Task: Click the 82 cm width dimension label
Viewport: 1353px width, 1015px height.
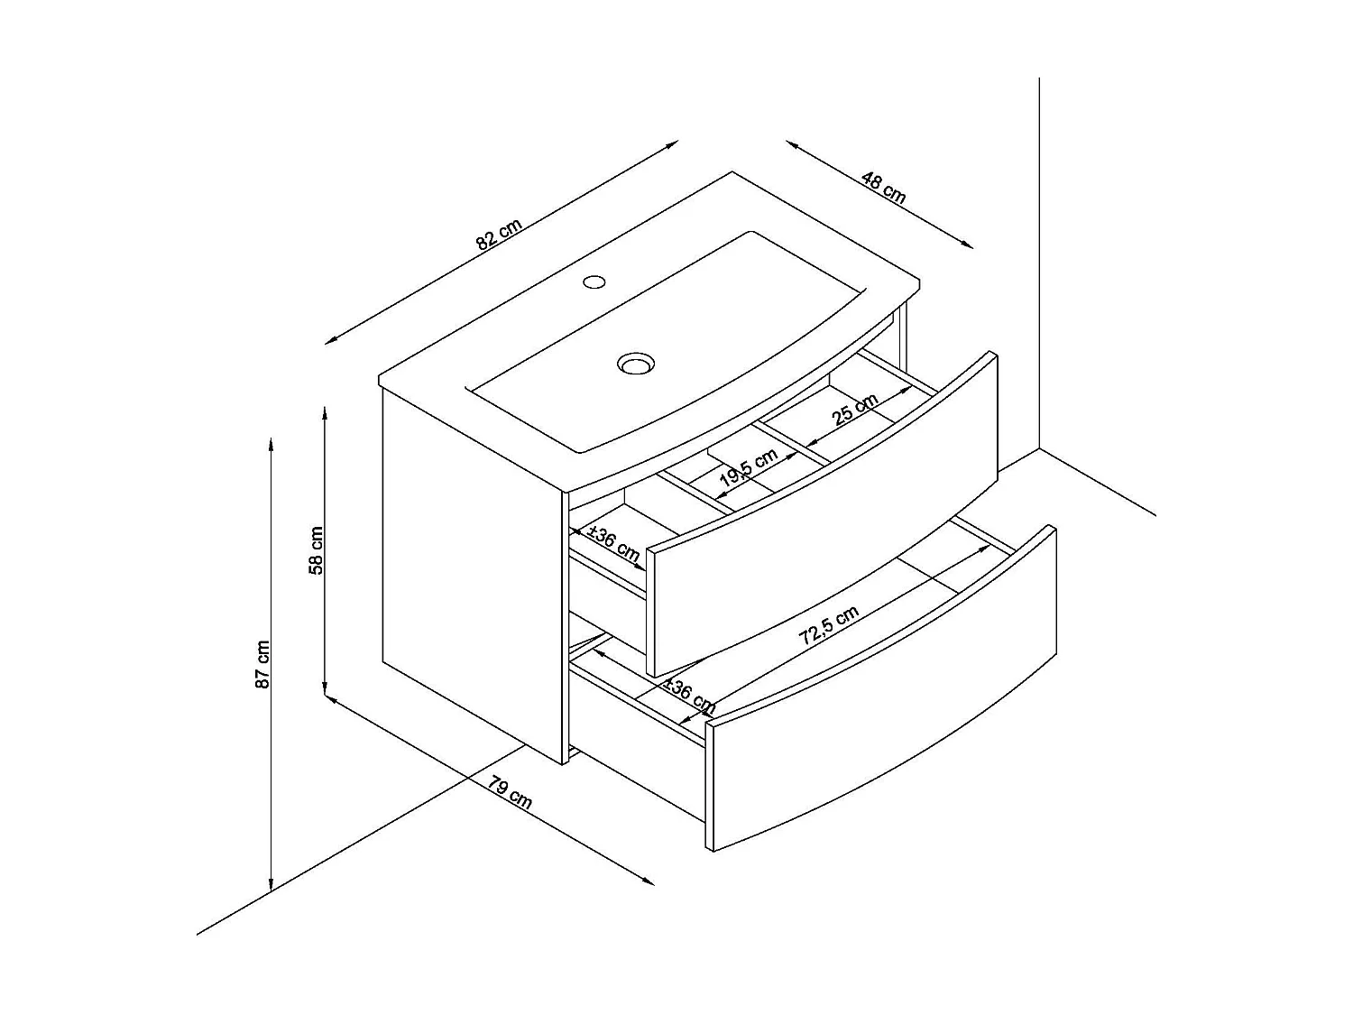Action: coord(499,235)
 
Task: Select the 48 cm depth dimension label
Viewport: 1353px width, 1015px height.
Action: coord(883,188)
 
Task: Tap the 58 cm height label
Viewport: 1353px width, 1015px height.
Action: coord(316,550)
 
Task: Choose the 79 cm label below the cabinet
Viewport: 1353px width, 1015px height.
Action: coord(511,792)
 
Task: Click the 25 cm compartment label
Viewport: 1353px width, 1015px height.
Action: coord(855,410)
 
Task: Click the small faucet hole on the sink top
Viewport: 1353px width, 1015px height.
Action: coord(594,281)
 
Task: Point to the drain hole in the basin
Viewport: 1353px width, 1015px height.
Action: coord(635,364)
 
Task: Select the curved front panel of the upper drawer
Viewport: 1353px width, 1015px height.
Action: coord(821,514)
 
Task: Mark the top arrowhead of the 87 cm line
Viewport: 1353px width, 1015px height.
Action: coord(271,442)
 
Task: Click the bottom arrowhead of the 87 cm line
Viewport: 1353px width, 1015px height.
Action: coord(271,886)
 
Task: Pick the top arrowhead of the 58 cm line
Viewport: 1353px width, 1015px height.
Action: coord(324,412)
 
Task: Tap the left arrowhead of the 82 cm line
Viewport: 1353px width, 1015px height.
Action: coord(330,340)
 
